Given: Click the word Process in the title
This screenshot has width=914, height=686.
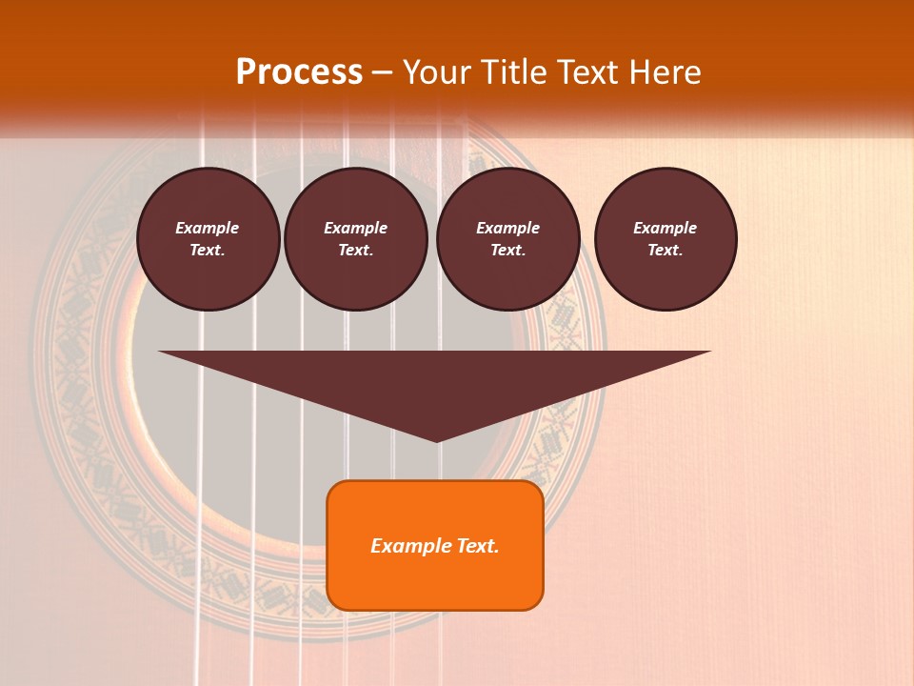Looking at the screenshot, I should (299, 72).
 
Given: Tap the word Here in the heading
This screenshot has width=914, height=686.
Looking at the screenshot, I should (666, 72).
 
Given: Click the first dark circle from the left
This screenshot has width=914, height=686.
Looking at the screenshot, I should (208, 239).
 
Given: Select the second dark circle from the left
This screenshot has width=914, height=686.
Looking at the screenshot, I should (355, 239).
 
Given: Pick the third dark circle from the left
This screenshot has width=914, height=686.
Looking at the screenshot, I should (507, 239).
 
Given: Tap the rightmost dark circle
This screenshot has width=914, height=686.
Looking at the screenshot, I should (665, 239).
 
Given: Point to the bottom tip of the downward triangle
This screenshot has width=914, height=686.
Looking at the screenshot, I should (436, 440).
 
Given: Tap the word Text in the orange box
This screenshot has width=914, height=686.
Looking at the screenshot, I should (479, 546).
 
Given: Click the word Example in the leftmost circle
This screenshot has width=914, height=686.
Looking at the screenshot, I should (208, 228).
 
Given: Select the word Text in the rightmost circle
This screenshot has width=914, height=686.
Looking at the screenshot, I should (665, 251).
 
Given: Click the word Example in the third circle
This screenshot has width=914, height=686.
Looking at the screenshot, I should (507, 228).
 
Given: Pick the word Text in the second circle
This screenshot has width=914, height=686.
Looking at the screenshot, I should (355, 251).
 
